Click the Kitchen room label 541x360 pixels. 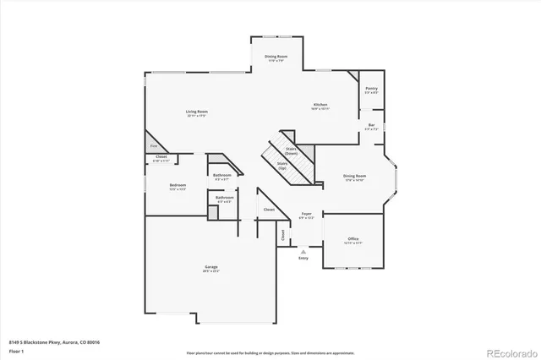[x=320, y=106]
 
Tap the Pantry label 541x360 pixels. [x=371, y=90]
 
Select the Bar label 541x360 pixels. [x=371, y=127]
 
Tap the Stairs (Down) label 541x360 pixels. [x=292, y=150]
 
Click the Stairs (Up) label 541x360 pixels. [x=282, y=166]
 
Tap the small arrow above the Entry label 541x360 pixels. [x=303, y=250]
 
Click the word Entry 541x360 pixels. [x=303, y=258]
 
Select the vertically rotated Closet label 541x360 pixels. [x=282, y=237]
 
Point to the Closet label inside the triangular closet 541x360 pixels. [x=269, y=209]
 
